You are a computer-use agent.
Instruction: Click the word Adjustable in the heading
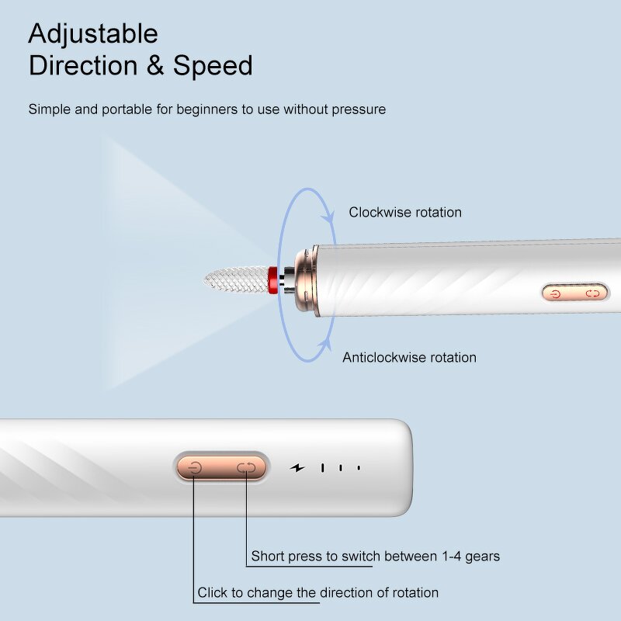click(93, 33)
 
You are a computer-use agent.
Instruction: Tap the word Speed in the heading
click(213, 65)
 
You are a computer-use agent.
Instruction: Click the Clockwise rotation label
click(404, 213)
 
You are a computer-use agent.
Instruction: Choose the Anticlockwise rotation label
click(409, 358)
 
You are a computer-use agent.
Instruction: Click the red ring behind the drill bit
click(272, 279)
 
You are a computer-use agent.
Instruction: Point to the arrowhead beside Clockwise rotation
click(331, 215)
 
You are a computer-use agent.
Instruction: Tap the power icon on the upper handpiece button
click(555, 293)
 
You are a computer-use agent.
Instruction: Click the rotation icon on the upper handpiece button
click(594, 293)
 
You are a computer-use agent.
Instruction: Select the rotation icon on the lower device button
click(246, 467)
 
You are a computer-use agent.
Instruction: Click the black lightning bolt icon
click(297, 468)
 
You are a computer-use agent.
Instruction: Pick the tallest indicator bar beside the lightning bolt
click(324, 468)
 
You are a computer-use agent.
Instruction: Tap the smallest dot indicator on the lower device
click(359, 468)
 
